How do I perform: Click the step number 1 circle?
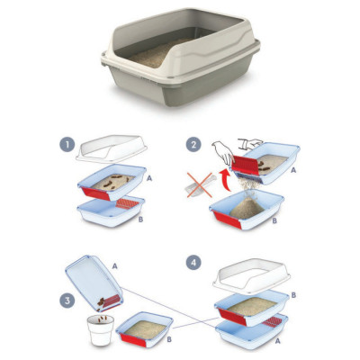point(67,145)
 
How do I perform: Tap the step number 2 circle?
point(193,145)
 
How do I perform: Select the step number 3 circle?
point(67,301)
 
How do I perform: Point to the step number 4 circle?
point(193,263)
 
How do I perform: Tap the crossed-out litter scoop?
point(201,185)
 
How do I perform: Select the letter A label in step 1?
point(149,178)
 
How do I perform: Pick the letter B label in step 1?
point(140,220)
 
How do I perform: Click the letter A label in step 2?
point(293,170)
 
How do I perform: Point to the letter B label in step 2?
point(274,221)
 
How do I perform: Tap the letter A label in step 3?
point(114,265)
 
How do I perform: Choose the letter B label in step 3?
point(169,339)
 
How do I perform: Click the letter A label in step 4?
point(277,341)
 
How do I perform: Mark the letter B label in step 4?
point(293,295)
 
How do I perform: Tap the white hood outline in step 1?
point(111,148)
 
